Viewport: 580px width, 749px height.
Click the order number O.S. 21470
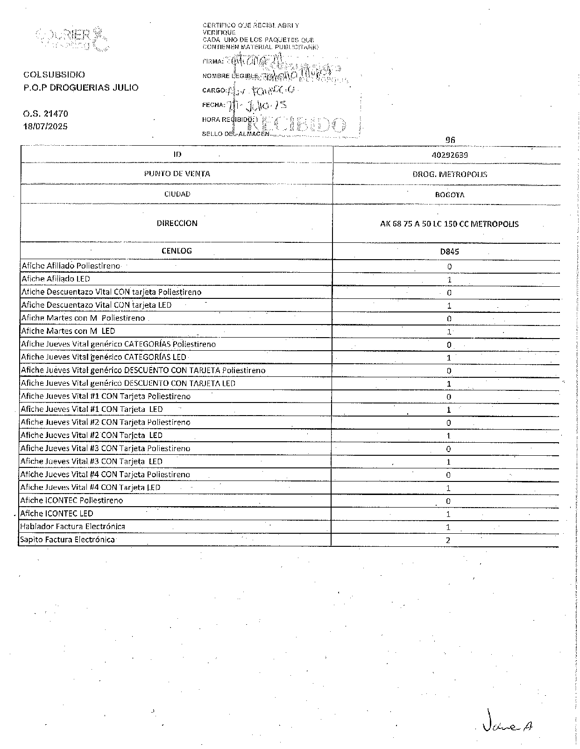click(46, 113)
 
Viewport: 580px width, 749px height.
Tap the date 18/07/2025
click(46, 127)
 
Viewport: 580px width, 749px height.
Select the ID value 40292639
click(450, 155)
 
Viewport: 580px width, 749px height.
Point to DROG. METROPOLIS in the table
click(450, 174)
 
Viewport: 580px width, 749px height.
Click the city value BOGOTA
click(450, 195)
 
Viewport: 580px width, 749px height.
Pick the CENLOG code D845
click(450, 251)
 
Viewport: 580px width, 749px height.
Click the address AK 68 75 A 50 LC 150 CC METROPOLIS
click(449, 224)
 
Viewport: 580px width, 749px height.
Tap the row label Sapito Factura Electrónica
click(67, 539)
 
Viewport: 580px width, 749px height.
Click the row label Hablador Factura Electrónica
click(72, 526)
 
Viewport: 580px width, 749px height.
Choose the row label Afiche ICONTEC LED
click(57, 513)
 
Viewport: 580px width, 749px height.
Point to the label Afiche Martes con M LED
click(68, 331)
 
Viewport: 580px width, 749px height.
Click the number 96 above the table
click(450, 140)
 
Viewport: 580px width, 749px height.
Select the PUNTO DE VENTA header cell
click(177, 174)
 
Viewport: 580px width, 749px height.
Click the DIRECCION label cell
click(177, 223)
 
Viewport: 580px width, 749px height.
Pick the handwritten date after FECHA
click(257, 105)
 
